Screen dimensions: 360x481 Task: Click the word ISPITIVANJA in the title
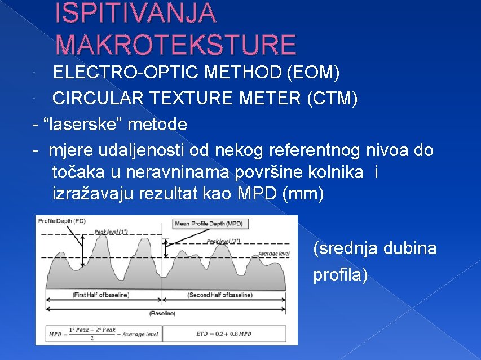pyautogui.click(x=135, y=14)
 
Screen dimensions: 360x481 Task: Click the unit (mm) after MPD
pyautogui.click(x=305, y=194)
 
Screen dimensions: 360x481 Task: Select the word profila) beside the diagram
pyautogui.click(x=341, y=275)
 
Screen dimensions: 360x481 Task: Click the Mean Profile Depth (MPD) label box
pyautogui.click(x=209, y=224)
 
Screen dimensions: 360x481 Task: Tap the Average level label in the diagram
pyautogui.click(x=274, y=254)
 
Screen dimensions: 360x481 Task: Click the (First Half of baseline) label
pyautogui.click(x=100, y=295)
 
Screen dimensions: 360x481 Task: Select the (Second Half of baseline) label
pyautogui.click(x=220, y=295)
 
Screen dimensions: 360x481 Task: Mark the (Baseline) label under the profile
pyautogui.click(x=162, y=313)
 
